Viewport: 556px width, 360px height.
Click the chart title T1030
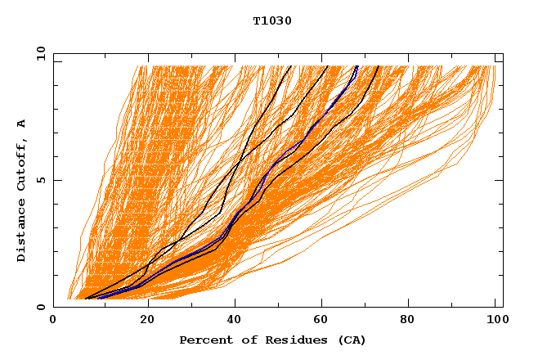click(272, 21)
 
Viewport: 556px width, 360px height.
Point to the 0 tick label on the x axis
click(53, 321)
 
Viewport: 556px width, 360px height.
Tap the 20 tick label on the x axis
click(146, 321)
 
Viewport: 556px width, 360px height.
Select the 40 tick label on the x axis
click(235, 321)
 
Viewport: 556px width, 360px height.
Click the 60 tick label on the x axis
click(323, 321)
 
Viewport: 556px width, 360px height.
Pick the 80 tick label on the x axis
click(411, 321)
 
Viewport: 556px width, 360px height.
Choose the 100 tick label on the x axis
click(496, 321)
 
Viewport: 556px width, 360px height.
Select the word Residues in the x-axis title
click(288, 340)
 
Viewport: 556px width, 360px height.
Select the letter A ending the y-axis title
click(22, 124)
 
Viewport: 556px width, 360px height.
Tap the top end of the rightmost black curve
click(379, 66)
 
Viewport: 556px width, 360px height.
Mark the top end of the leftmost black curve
click(290, 66)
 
